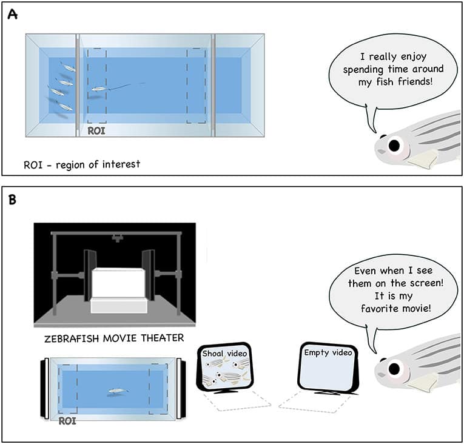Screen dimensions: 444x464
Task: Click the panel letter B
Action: [x=12, y=200]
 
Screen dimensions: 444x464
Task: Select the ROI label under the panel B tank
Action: [x=69, y=420]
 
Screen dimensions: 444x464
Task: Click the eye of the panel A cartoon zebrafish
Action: [x=394, y=145]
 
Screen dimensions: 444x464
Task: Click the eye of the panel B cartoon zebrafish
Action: [x=395, y=369]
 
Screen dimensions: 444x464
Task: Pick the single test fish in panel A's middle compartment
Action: [x=99, y=90]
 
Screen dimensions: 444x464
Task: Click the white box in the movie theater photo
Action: [x=118, y=286]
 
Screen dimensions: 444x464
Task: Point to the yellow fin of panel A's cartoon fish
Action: [x=422, y=159]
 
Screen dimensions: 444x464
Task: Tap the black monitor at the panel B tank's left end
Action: [x=44, y=389]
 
